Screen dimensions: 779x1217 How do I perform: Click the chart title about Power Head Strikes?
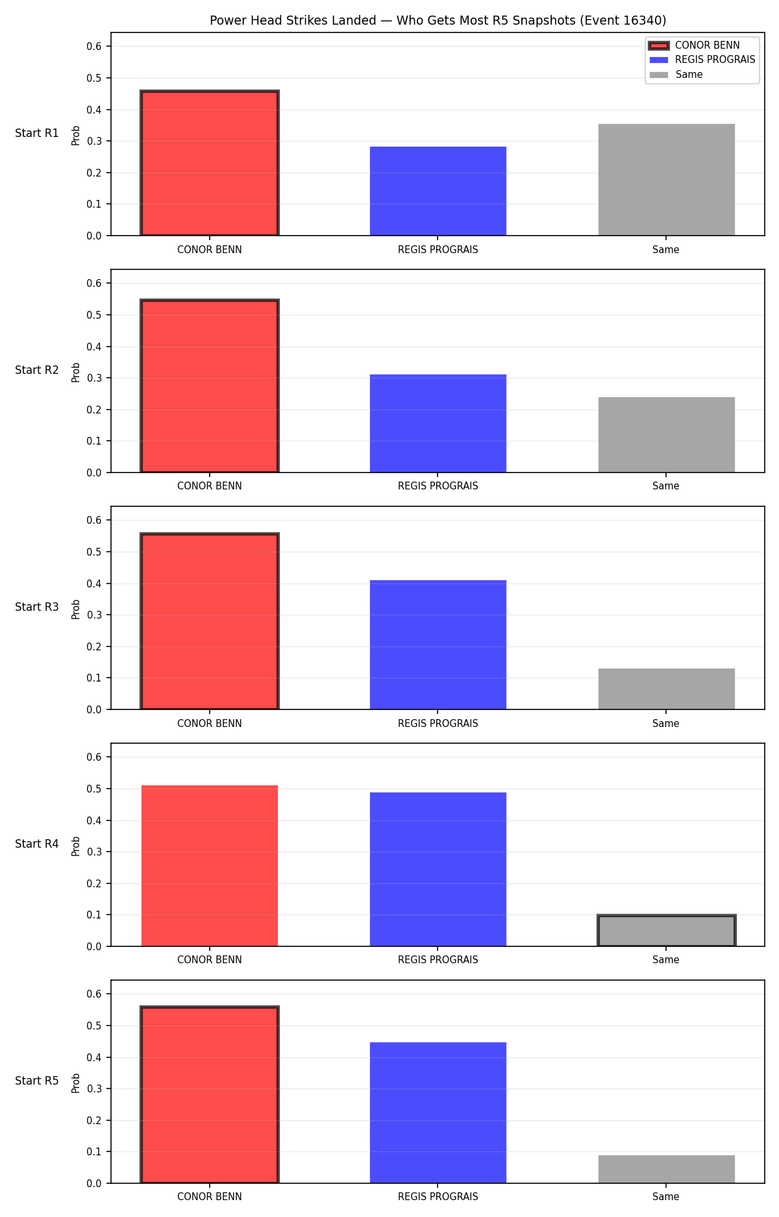pos(438,20)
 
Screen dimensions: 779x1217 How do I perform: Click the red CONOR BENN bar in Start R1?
pos(210,163)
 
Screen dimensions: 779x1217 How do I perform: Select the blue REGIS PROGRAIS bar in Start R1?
pos(438,191)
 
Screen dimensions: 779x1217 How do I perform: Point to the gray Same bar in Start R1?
pos(666,180)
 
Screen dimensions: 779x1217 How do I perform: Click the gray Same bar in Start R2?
pos(666,435)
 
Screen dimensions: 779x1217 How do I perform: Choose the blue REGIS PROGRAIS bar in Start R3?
pos(438,645)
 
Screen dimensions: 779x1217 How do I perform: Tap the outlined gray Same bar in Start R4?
pos(666,931)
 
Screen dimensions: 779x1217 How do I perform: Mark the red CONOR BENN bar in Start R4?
pos(210,866)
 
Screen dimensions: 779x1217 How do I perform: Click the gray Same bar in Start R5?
pos(666,1169)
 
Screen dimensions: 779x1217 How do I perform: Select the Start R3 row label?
pos(37,607)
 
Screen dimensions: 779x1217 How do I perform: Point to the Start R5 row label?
pos(37,1081)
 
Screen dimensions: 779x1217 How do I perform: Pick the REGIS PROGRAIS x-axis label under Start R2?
pos(438,486)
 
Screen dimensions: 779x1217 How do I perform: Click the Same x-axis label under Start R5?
pos(666,1197)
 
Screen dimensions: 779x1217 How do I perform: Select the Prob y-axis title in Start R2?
pos(76,372)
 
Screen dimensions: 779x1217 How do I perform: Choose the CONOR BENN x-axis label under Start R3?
pos(210,723)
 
